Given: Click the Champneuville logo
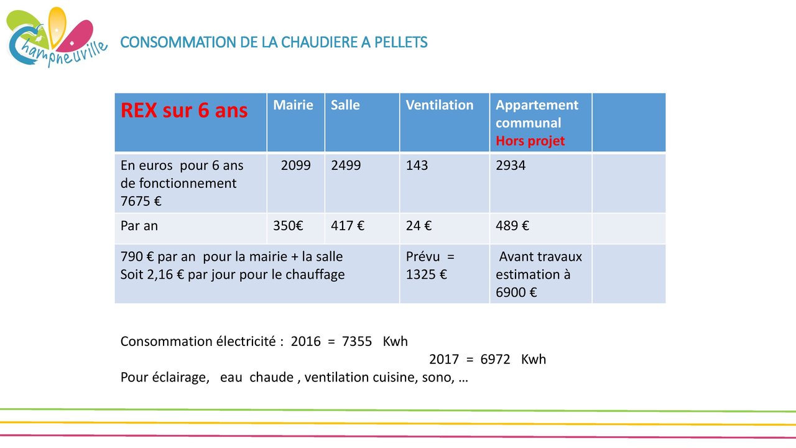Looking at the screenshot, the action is click(57, 37).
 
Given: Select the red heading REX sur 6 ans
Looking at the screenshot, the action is click(184, 110).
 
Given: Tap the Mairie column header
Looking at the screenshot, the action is click(293, 105).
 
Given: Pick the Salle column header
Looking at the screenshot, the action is click(345, 105).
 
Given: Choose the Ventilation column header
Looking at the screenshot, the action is click(440, 105).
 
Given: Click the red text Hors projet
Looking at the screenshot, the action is click(530, 141).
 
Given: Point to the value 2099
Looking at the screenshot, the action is click(295, 166).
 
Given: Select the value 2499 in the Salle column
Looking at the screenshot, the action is click(346, 166).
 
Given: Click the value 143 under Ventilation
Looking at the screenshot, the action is click(417, 166).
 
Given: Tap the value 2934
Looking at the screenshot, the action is click(511, 166).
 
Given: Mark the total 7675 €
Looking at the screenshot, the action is click(141, 201).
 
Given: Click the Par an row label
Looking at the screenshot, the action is click(139, 226).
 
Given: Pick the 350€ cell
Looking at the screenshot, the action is click(288, 226).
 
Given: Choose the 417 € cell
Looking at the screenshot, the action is click(348, 226).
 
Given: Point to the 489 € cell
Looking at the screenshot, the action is click(512, 226).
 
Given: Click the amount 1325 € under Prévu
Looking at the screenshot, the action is click(427, 274).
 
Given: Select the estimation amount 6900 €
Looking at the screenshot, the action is click(516, 292).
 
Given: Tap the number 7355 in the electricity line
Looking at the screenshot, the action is click(357, 342).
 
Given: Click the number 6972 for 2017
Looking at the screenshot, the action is click(496, 359).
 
